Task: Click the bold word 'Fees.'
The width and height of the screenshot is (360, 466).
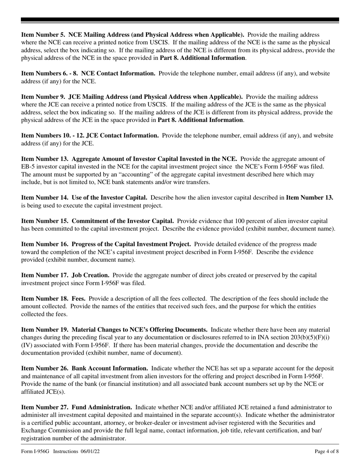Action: [78, 299]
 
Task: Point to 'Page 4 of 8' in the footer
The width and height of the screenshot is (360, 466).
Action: [327, 452]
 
